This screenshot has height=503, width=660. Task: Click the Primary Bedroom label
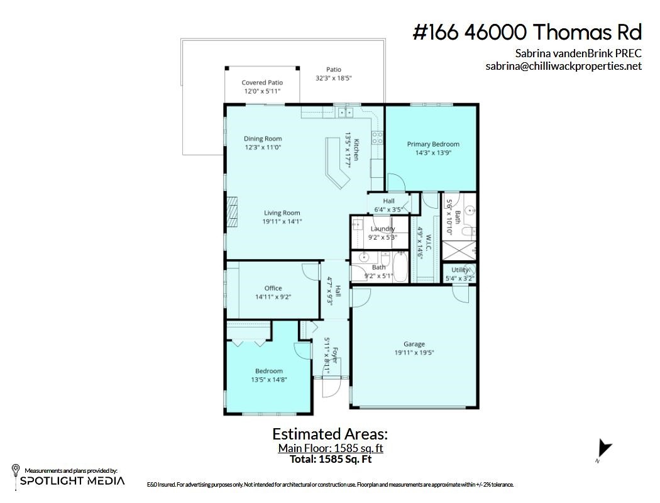tap(432, 144)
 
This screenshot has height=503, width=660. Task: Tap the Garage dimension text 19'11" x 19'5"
tap(414, 353)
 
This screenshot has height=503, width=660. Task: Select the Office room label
tap(273, 288)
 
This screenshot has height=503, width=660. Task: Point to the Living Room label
tap(282, 213)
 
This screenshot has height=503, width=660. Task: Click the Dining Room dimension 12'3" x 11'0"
tap(263, 147)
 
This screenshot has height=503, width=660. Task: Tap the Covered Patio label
tap(262, 82)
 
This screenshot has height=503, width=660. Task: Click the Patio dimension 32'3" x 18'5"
tap(333, 78)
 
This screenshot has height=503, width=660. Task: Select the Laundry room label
tap(383, 229)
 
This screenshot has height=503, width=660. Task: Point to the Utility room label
tap(459, 270)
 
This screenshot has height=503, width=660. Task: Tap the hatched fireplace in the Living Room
tap(233, 212)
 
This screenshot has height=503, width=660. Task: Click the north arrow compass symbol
tap(605, 449)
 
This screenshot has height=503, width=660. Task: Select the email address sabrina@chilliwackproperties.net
tap(564, 66)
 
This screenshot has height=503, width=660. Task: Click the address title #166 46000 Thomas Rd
tap(527, 32)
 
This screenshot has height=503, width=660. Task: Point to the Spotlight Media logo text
tap(72, 481)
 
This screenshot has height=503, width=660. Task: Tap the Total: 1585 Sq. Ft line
tap(331, 459)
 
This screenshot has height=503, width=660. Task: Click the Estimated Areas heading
tap(330, 434)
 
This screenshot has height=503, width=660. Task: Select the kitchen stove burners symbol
tap(377, 138)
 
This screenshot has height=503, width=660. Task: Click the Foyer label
tap(335, 355)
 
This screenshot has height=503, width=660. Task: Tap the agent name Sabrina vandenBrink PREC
tap(579, 53)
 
